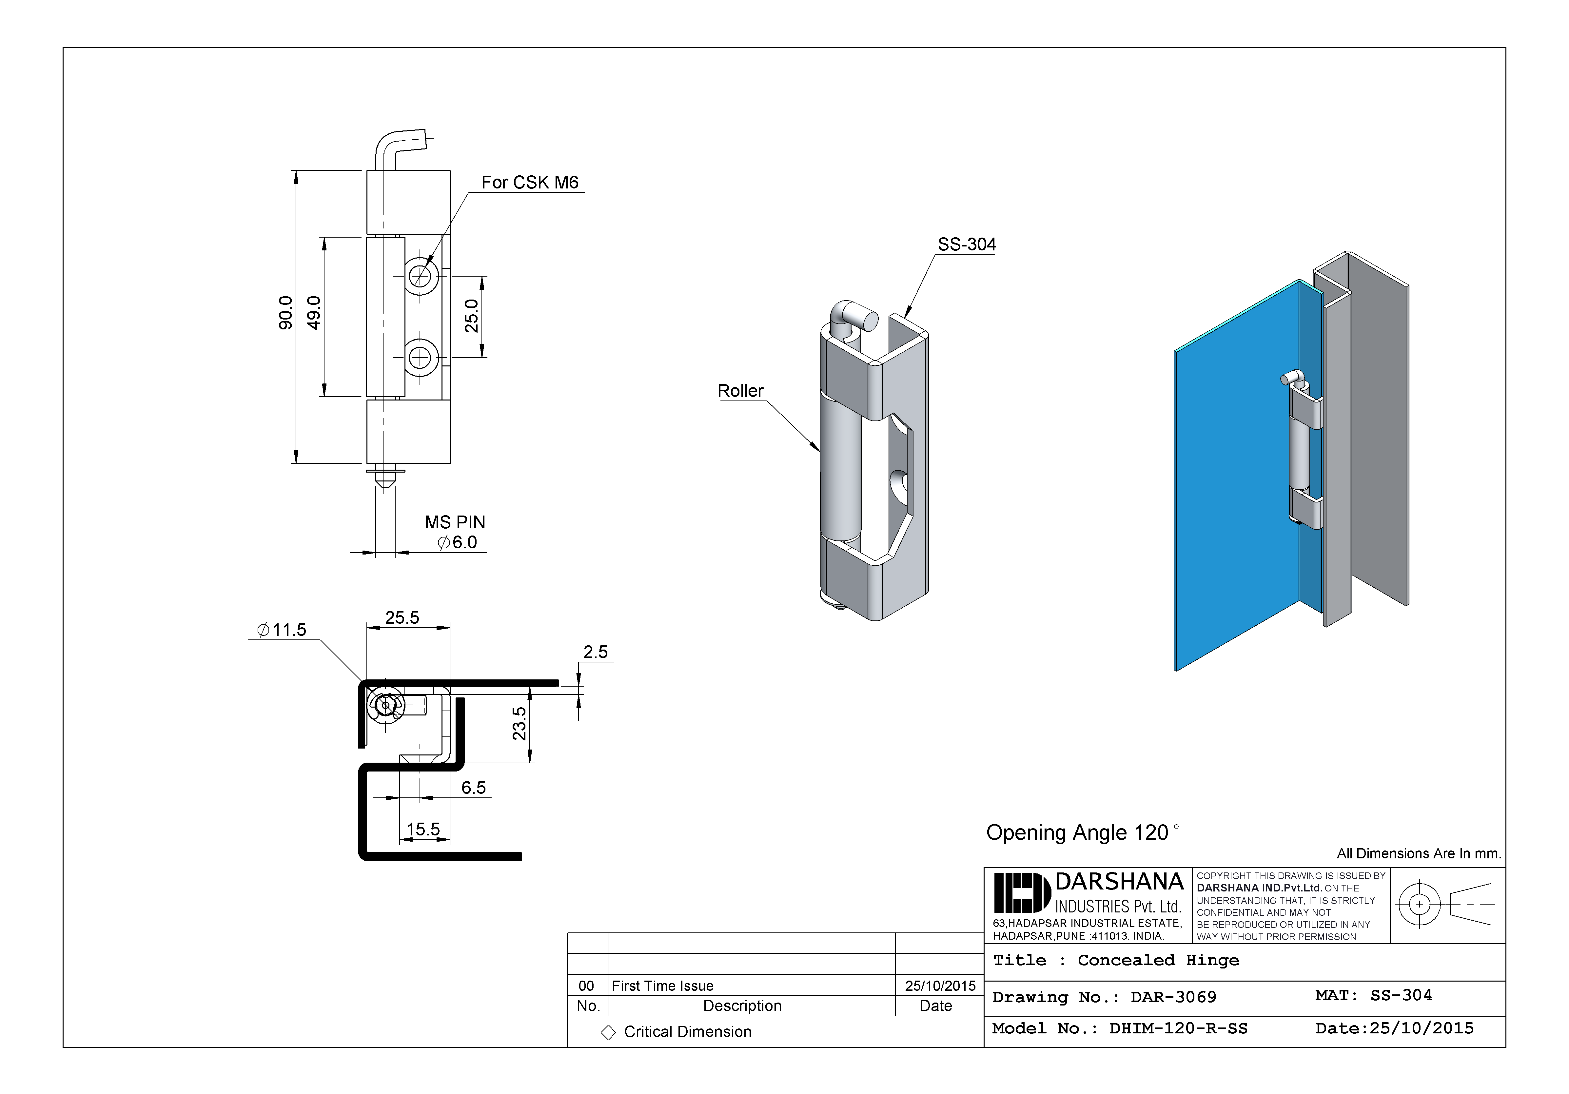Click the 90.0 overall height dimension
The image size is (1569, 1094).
click(286, 313)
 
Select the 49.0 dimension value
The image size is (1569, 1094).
click(314, 313)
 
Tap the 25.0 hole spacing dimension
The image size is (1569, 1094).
click(472, 316)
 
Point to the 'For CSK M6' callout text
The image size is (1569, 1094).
click(530, 183)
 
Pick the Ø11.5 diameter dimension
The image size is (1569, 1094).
click(282, 630)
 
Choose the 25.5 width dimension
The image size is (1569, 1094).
click(402, 618)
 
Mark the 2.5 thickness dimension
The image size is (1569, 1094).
click(595, 652)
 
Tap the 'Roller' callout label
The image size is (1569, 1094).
click(740, 391)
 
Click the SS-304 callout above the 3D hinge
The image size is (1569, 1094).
click(966, 244)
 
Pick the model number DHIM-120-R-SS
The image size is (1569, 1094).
click(1178, 1028)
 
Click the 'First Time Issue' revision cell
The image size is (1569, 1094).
click(662, 985)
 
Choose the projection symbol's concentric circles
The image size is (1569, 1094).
click(1419, 904)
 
